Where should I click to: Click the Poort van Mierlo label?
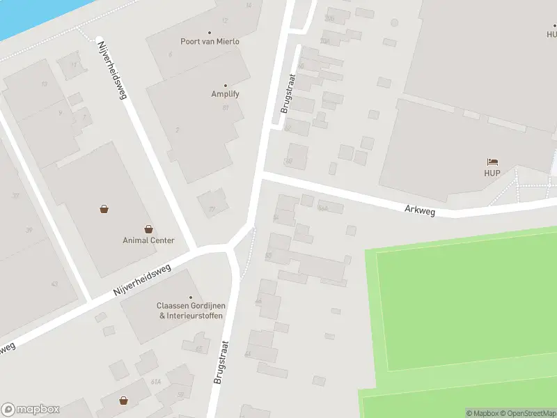[x=210, y=41]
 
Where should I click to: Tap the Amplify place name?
[x=225, y=94]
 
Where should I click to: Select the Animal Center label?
[x=148, y=240]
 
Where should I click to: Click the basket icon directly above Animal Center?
[x=148, y=229]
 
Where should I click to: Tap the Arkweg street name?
[x=420, y=209]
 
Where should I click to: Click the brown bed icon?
[x=493, y=162]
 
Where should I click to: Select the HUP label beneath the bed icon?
[x=493, y=173]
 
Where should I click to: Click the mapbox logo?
[x=31, y=409]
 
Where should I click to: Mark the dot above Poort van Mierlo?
[x=210, y=32]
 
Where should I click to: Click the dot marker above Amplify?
[x=225, y=85]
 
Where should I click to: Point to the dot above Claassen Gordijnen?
[x=191, y=297]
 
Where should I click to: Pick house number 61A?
[x=156, y=382]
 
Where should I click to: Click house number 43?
[x=54, y=284]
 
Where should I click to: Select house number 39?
[x=29, y=230]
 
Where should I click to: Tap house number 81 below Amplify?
[x=226, y=107]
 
